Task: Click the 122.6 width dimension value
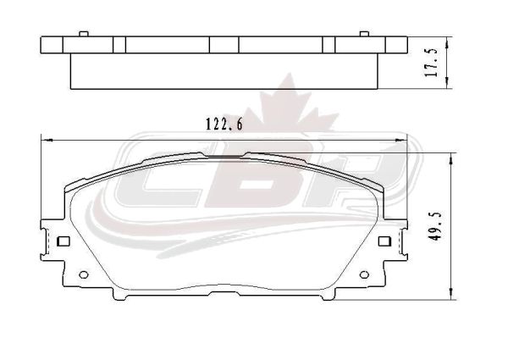click(x=224, y=125)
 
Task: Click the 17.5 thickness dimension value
click(x=432, y=63)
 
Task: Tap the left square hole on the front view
click(x=63, y=241)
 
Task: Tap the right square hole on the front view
click(x=384, y=241)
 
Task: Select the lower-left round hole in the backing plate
click(x=84, y=274)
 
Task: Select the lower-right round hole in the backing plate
click(x=364, y=274)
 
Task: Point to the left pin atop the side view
click(x=84, y=34)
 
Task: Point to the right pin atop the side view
click(x=364, y=34)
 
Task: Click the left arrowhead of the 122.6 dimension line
click(x=47, y=140)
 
